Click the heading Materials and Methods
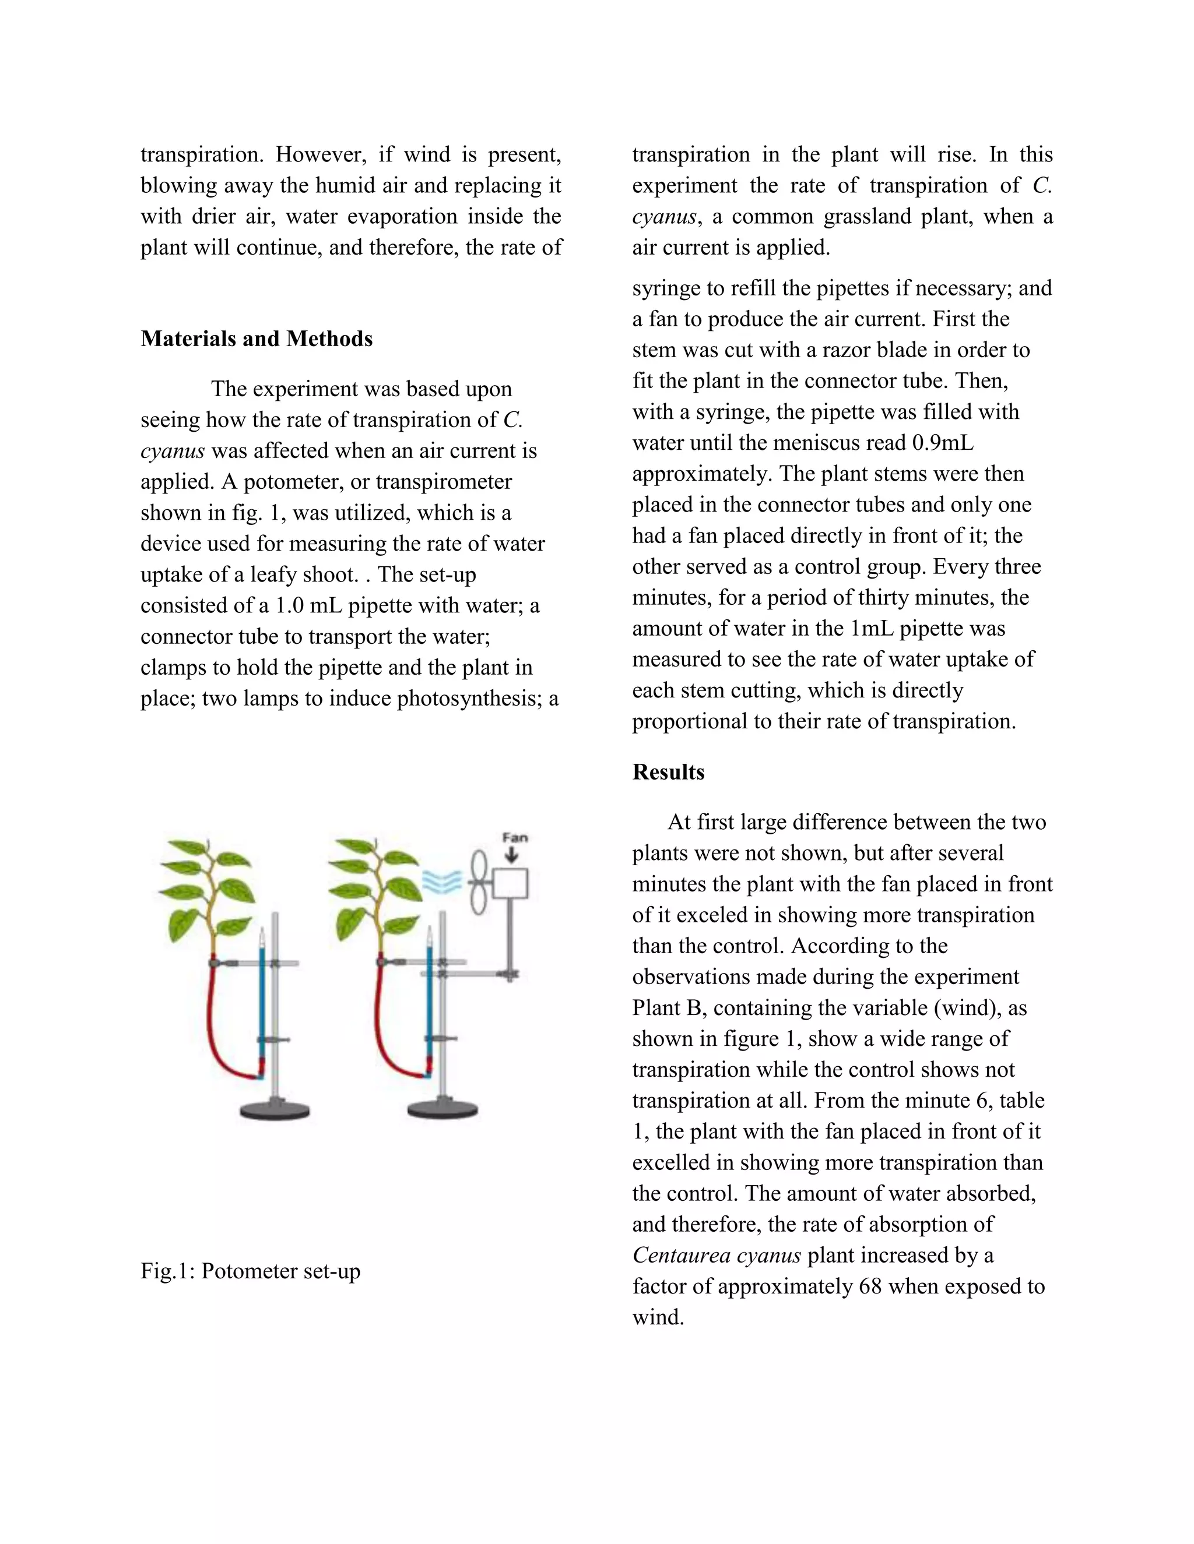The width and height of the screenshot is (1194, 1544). click(256, 339)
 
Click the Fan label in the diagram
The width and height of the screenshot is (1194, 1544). click(514, 838)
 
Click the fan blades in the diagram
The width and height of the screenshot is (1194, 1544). click(479, 883)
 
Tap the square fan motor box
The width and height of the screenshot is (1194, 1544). click(511, 884)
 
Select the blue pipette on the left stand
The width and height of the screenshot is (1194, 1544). click(262, 1004)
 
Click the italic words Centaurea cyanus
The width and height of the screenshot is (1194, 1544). click(716, 1255)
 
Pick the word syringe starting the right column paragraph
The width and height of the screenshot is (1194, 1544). click(663, 288)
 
